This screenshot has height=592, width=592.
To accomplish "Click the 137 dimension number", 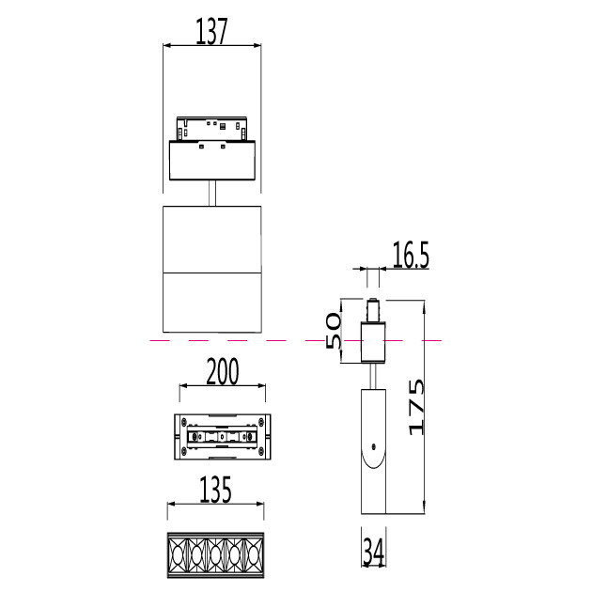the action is [211, 31].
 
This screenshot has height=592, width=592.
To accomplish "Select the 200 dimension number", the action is [223, 372].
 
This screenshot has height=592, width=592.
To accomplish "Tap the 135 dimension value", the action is [215, 490].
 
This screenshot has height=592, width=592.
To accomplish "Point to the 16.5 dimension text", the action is [411, 256].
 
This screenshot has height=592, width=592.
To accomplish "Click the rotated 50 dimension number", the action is [333, 331].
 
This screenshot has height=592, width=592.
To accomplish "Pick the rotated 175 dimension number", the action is [416, 407].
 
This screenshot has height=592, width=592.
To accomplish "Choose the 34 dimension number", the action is [373, 552].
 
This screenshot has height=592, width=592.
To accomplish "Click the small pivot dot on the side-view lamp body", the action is [373, 446].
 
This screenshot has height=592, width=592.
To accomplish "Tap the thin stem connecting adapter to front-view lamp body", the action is [212, 193].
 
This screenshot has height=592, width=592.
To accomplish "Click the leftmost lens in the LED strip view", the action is [177, 555].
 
